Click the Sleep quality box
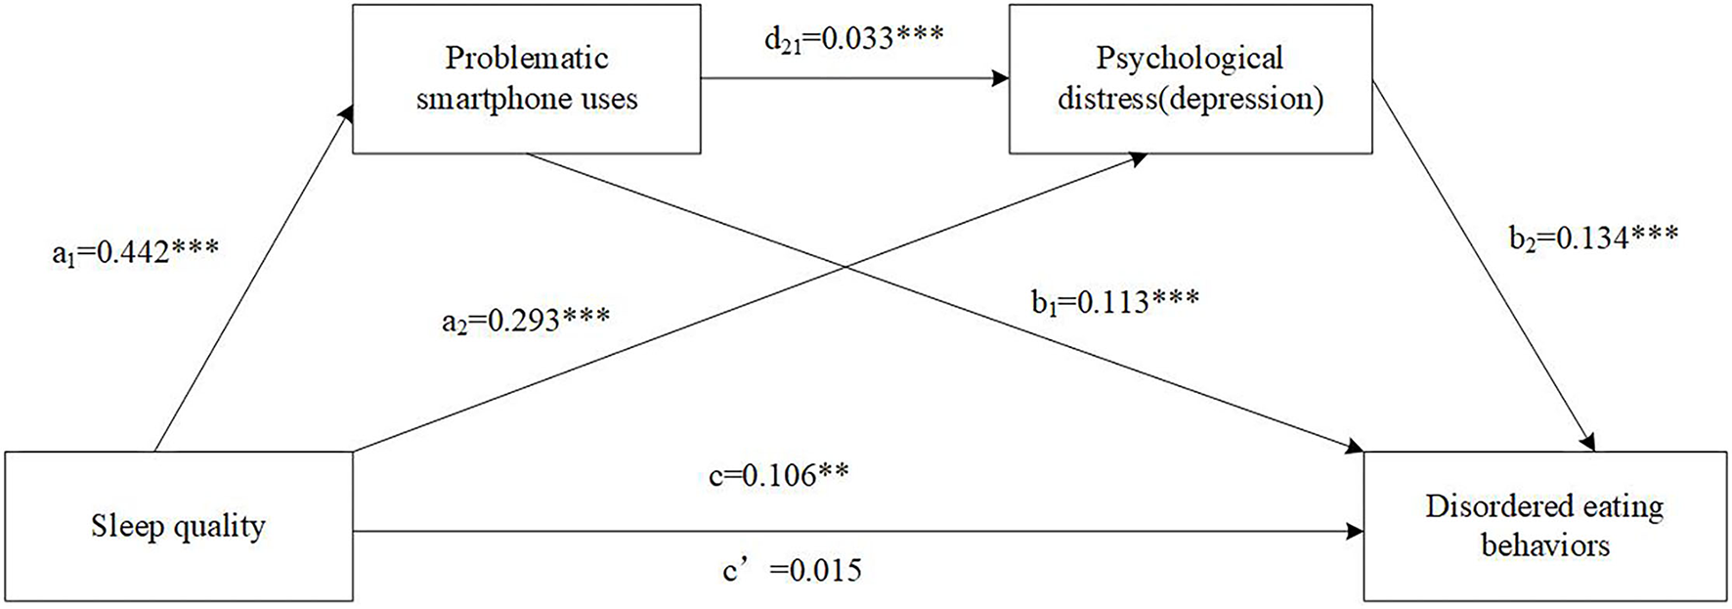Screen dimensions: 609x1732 pos(178,526)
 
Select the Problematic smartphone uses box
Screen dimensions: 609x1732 pos(526,78)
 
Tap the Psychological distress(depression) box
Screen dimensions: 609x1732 pos(1190,78)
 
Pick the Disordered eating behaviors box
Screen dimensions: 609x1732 pos(1544,526)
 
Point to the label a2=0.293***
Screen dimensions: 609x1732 pos(525,319)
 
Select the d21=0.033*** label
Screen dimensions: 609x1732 pos(853,38)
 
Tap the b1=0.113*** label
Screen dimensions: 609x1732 pos(1114,302)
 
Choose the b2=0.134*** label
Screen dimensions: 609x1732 pos(1593,238)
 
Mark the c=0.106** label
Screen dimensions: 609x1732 pos(778,475)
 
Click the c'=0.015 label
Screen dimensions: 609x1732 pos(792,569)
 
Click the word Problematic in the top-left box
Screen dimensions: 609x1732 pos(526,58)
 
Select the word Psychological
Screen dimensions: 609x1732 pos(1190,58)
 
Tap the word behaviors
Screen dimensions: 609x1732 pos(1544,544)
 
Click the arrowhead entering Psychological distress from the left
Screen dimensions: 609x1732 pos(1000,78)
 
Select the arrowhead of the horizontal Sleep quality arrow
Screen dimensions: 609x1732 pos(1355,532)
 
